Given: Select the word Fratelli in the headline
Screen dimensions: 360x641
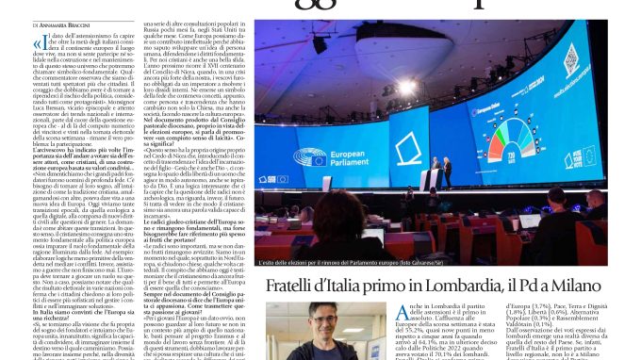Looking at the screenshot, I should point(300,286).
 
